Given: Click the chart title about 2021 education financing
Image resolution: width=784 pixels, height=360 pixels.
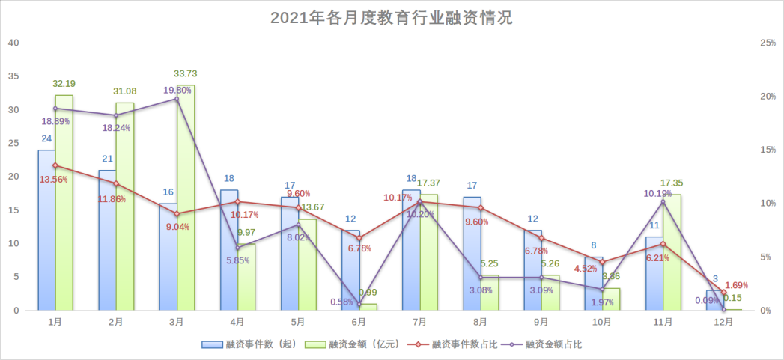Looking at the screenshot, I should pos(392,18).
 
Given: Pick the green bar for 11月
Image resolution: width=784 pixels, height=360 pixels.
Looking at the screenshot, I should pos(672,254).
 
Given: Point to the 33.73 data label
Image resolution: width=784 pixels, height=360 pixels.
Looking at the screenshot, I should pos(185,73).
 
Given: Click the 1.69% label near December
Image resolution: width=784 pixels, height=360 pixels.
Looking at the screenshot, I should pos(737,285).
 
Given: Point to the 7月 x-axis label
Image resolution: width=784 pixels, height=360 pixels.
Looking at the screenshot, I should pos(419,322).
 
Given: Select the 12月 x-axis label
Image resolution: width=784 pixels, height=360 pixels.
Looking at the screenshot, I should pos(723,322).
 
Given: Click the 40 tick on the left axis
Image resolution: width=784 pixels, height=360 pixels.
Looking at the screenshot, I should pos(13,43).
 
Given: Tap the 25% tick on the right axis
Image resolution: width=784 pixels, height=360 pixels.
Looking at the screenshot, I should pos(767,43).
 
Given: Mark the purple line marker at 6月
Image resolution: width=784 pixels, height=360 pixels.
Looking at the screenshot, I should pos(359,304).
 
